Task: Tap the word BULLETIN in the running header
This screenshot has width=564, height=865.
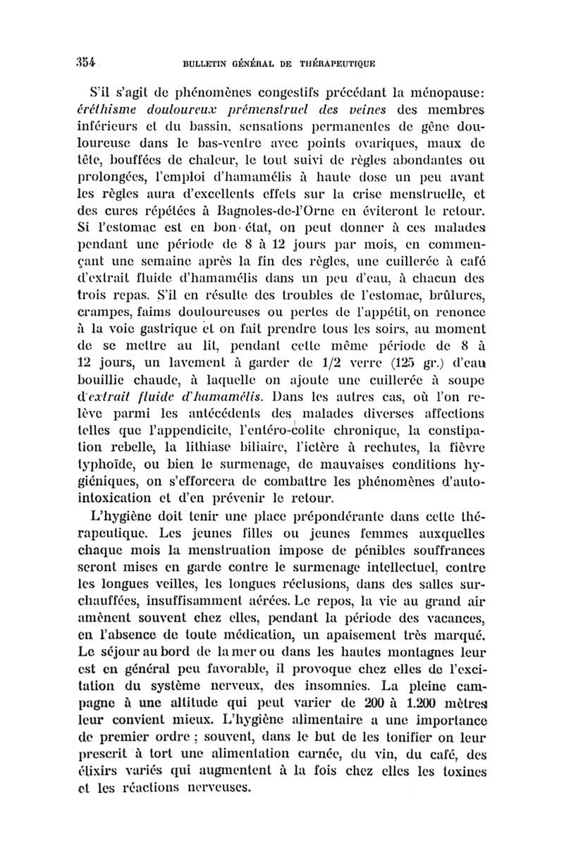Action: [x=206, y=62]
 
